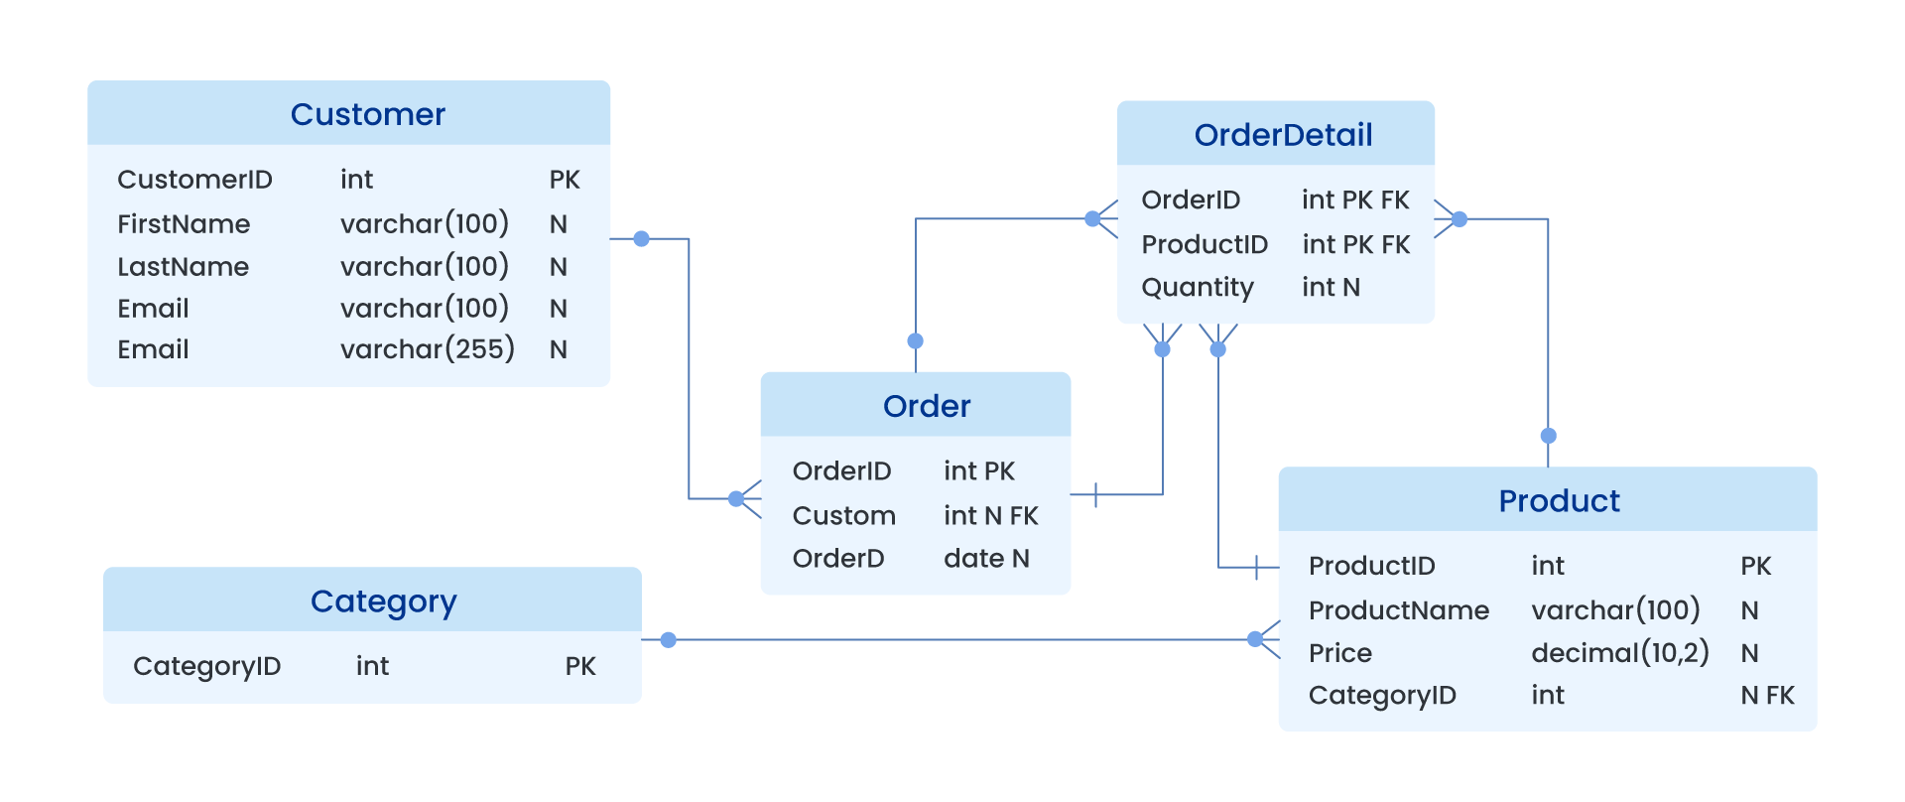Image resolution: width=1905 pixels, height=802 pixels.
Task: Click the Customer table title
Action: coord(367,114)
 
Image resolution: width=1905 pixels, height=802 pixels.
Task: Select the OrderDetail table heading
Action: coord(1283,135)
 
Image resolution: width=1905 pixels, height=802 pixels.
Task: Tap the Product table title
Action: coord(1559,501)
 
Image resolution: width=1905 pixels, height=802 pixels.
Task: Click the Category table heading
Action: coord(383,601)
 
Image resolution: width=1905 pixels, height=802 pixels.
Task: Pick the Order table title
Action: coord(926,406)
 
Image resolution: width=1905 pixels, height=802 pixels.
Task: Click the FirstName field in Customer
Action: coord(184,224)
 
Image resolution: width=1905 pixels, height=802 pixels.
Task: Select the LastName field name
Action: coord(184,267)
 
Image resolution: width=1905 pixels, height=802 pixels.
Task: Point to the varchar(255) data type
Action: coord(427,349)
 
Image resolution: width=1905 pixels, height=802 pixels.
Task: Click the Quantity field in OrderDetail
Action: coord(1198,288)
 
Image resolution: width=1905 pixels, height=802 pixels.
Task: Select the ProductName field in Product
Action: coord(1398,610)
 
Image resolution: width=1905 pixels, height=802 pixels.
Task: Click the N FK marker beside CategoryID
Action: coord(1767,696)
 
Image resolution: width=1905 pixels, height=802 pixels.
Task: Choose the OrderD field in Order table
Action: coord(838,559)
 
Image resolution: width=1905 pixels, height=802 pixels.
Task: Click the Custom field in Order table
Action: coord(843,516)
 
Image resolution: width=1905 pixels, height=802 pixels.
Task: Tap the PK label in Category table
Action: coord(580,666)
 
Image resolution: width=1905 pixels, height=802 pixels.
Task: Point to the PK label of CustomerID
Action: coord(565,180)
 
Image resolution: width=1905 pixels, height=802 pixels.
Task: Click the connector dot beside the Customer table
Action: coord(641,239)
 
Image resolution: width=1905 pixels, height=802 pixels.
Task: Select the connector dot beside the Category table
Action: coord(668,640)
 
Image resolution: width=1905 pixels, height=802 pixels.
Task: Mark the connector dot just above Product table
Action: coord(1548,436)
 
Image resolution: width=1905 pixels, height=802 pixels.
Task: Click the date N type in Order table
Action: coord(986,559)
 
